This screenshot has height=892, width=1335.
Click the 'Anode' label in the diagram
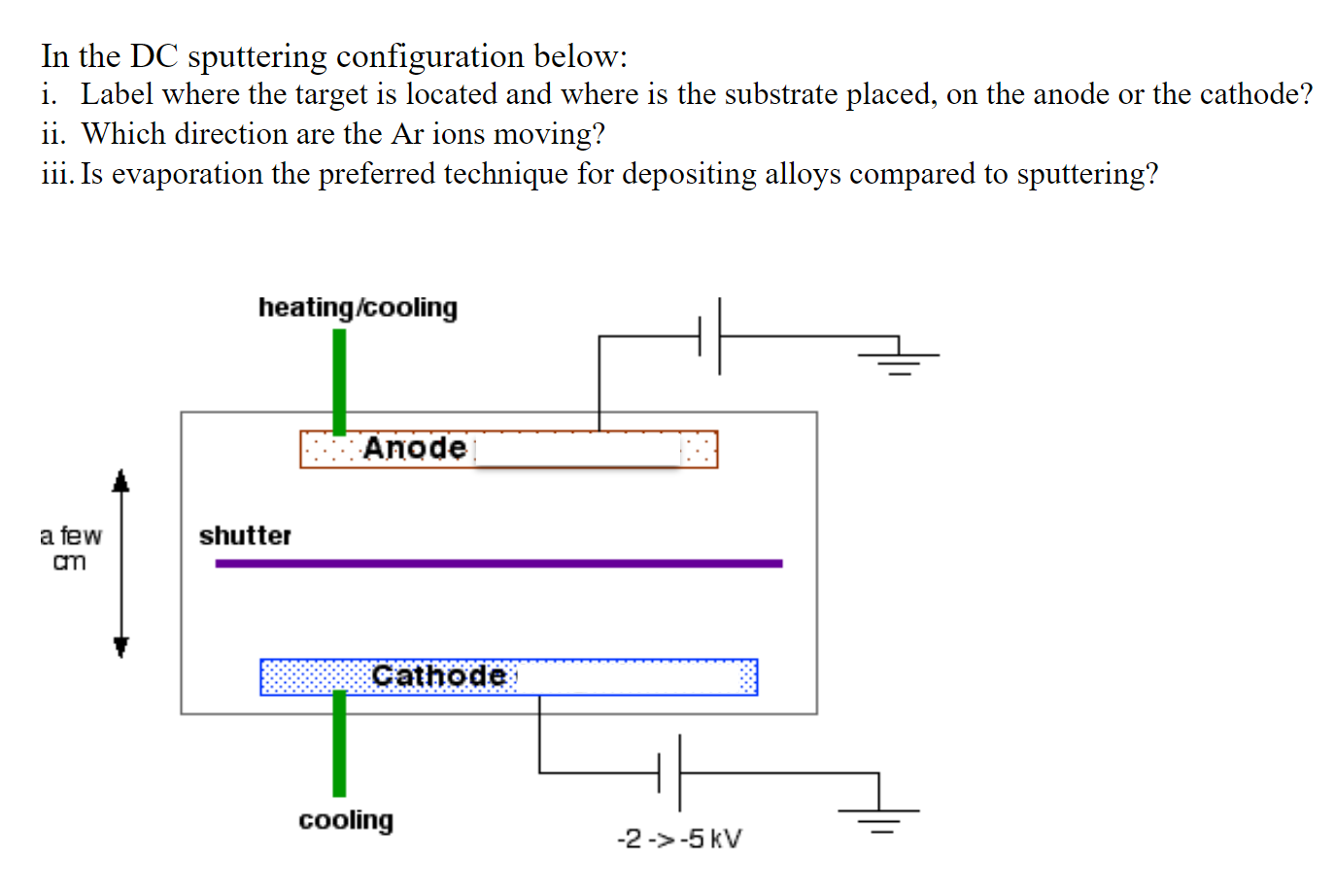[x=415, y=448]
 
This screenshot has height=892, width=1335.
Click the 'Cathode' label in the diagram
[x=439, y=675]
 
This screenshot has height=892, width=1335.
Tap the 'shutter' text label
[x=245, y=535]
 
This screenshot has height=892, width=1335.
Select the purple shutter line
[x=498, y=564]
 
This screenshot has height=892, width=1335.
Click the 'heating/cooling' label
[x=358, y=307]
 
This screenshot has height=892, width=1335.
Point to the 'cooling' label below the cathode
[x=346, y=820]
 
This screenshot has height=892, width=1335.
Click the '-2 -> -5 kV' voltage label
[x=679, y=839]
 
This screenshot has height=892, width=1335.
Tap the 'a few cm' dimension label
[x=70, y=548]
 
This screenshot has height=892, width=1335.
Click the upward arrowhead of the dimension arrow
[x=120, y=481]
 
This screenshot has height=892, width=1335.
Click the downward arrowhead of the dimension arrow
[x=120, y=646]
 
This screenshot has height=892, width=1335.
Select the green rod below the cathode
[x=339, y=743]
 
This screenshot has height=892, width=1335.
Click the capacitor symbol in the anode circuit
[x=709, y=336]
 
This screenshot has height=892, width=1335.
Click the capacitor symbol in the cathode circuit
[x=669, y=773]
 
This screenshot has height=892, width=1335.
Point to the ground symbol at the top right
[x=899, y=360]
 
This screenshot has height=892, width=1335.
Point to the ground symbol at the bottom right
[x=879, y=816]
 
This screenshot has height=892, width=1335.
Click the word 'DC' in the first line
[x=154, y=56]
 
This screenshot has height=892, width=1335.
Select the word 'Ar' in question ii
[x=408, y=134]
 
